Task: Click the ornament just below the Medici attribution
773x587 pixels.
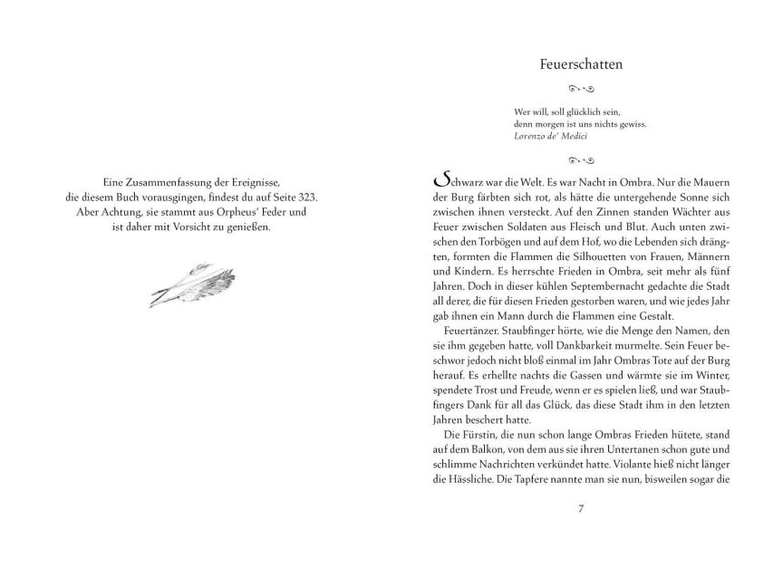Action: pos(579,159)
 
